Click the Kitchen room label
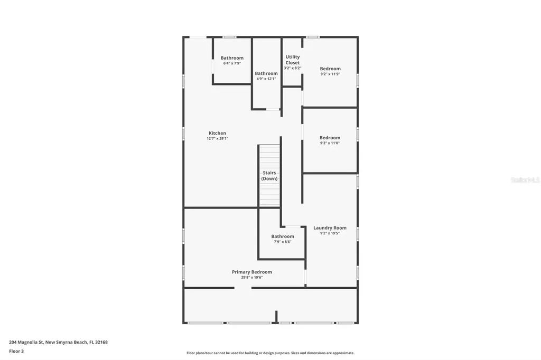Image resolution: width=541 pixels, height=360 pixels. pos(217,133)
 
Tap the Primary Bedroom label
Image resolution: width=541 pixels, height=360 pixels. pos(251,272)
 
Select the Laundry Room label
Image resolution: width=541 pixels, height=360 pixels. pos(330,228)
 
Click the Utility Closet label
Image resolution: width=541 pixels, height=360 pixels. pos(293,60)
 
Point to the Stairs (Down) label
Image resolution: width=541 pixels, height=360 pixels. pos(269,176)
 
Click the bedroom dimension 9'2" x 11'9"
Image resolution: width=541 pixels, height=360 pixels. pos(330,74)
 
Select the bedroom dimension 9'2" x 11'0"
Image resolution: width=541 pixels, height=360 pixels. pos(330,143)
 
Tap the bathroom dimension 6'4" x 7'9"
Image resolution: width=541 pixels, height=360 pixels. pos(232,63)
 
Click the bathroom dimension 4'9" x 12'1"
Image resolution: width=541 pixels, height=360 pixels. pos(266,79)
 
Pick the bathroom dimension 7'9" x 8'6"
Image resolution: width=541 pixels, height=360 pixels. pos(283,242)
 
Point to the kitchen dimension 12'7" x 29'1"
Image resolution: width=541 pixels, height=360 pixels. pos(217,138)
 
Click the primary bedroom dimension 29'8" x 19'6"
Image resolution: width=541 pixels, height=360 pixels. pos(251,277)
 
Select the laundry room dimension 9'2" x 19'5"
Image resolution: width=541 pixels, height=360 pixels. pos(330,233)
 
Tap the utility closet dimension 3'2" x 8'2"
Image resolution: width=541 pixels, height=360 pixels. pos(293,68)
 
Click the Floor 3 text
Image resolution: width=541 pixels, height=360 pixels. pos(16,351)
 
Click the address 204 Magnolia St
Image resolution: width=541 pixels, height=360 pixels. pos(26,342)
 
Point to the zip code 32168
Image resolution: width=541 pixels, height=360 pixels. pos(100,342)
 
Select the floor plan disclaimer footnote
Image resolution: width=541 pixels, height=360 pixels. pos(270,353)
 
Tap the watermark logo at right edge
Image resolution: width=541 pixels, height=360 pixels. pos(525,180)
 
